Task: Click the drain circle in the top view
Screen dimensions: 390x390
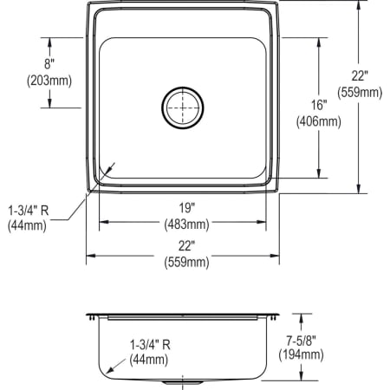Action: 182,108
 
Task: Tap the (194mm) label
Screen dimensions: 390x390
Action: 301,354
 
